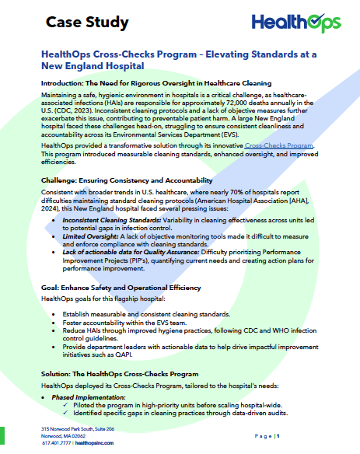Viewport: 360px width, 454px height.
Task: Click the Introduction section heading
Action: click(156, 83)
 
